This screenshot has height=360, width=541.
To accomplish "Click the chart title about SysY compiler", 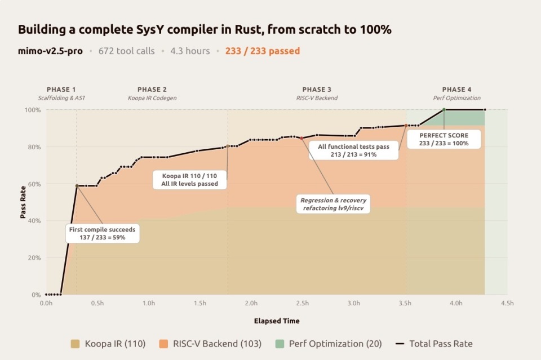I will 205,30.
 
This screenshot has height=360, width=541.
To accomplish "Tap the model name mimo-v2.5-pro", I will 50,51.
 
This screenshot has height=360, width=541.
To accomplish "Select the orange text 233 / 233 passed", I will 262,51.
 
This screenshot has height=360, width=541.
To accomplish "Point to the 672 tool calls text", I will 126,51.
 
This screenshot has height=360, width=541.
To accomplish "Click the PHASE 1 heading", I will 61,90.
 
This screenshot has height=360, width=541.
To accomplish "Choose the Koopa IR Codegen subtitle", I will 152,98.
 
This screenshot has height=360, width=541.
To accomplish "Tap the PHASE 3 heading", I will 317,90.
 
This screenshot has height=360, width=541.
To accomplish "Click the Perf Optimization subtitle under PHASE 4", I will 454,98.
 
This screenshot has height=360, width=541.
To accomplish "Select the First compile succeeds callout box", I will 102,233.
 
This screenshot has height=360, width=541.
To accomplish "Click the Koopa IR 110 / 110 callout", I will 189,180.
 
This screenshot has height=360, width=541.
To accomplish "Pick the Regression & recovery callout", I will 333,204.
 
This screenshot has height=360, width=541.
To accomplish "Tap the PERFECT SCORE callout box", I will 444,139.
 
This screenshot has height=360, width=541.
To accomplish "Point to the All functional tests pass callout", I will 353,150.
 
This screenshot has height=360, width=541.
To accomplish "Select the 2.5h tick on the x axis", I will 302,303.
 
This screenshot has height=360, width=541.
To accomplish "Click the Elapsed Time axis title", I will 277,321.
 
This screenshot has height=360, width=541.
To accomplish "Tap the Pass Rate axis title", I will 23,202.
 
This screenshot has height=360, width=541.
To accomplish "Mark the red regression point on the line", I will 301,138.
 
